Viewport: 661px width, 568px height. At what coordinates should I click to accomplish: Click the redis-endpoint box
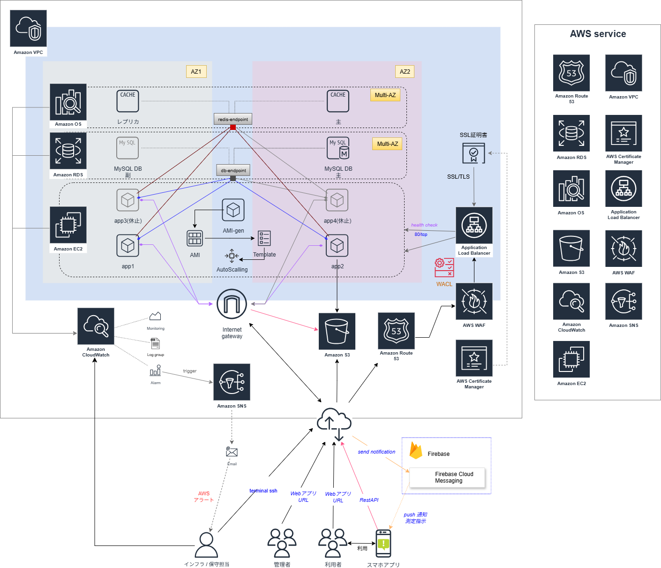pos(233,119)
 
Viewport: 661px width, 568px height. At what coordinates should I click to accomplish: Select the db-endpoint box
pos(233,170)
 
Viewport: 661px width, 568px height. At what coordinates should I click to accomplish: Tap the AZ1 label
pos(196,72)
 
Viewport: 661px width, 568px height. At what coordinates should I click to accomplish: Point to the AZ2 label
pos(405,72)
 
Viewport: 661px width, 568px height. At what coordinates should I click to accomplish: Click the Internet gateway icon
pos(232,304)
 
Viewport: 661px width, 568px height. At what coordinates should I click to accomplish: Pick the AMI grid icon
pos(195,239)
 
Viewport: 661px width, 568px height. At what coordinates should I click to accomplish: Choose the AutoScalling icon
pos(232,256)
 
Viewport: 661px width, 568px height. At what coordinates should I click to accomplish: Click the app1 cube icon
pos(128,246)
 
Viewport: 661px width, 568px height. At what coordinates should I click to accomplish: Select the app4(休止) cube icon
pos(337,200)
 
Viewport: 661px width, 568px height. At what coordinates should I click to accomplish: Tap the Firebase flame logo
pos(416,451)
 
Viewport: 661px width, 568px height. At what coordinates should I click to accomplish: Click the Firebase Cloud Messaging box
pos(448,477)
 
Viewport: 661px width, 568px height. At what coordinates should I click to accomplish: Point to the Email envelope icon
pos(232,452)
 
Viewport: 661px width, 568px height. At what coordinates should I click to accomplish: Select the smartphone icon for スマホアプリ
pos(383,544)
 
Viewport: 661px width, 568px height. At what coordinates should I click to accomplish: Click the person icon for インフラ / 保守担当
pos(206,545)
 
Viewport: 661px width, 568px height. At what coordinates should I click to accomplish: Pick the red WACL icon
pos(444,267)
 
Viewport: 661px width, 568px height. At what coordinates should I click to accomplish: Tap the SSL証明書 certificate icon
pos(474,153)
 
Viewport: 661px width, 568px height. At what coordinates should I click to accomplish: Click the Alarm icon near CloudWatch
pos(155,372)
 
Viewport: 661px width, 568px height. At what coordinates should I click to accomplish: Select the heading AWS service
pos(598,34)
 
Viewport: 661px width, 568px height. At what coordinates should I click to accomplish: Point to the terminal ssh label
pos(263,491)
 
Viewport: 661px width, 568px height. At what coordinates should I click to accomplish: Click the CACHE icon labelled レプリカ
pos(128,101)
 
